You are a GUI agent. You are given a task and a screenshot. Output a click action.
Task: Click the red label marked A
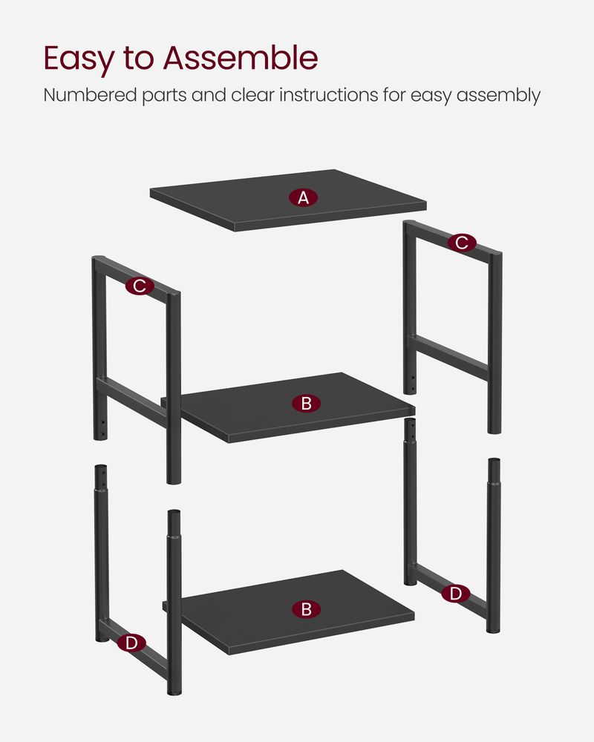click(x=303, y=197)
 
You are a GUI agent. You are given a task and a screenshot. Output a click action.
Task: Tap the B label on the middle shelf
click(x=306, y=404)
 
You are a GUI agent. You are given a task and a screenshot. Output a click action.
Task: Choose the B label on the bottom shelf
click(x=306, y=609)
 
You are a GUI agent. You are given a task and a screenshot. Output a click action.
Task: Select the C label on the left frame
click(x=139, y=286)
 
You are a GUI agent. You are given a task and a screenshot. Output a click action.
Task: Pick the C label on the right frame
click(x=462, y=243)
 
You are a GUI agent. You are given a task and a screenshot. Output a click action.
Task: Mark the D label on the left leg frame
click(x=131, y=643)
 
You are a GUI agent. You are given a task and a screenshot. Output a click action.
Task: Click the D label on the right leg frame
click(x=455, y=593)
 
